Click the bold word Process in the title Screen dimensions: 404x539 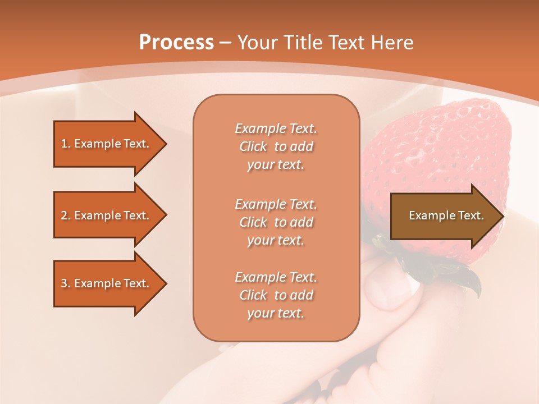click(x=176, y=43)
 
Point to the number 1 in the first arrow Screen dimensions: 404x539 click(x=64, y=144)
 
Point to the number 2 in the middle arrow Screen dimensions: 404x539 click(x=64, y=215)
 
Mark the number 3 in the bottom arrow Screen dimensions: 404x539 click(x=64, y=283)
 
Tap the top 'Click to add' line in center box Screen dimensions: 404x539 click(x=276, y=146)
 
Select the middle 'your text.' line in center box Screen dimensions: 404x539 click(x=276, y=240)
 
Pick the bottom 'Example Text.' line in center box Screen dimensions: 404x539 click(x=276, y=277)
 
